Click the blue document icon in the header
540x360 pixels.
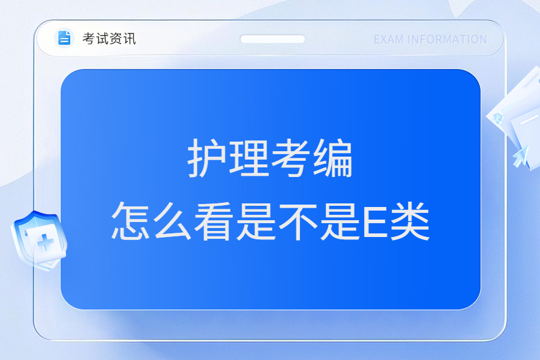(x=64, y=38)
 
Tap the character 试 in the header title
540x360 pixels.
(x=102, y=38)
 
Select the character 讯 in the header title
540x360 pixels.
(x=129, y=38)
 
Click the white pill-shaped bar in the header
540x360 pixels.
(x=272, y=39)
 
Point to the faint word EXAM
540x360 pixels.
(x=389, y=40)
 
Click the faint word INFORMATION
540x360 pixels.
(x=448, y=40)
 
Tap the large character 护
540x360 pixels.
(x=207, y=158)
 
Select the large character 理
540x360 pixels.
(x=249, y=158)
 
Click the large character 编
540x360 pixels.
(x=332, y=158)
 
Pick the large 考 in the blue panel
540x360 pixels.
(x=290, y=158)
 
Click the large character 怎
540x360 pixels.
(x=131, y=221)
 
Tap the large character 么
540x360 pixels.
(x=172, y=221)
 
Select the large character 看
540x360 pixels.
(x=214, y=221)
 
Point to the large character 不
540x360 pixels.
(x=298, y=221)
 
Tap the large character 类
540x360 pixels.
(x=410, y=221)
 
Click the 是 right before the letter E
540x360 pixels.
(x=340, y=221)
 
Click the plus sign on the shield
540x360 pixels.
(x=46, y=242)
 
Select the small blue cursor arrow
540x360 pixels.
(x=521, y=156)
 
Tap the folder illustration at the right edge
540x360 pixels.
(x=517, y=119)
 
